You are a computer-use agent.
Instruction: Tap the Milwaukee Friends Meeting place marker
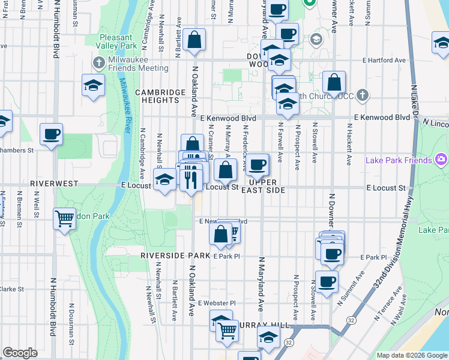point(99,62)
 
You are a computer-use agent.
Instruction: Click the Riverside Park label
point(175,255)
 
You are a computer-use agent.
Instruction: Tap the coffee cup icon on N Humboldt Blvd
point(51,134)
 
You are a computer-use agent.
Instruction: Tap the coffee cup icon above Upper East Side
point(258,164)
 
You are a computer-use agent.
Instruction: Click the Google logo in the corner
point(20,353)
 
